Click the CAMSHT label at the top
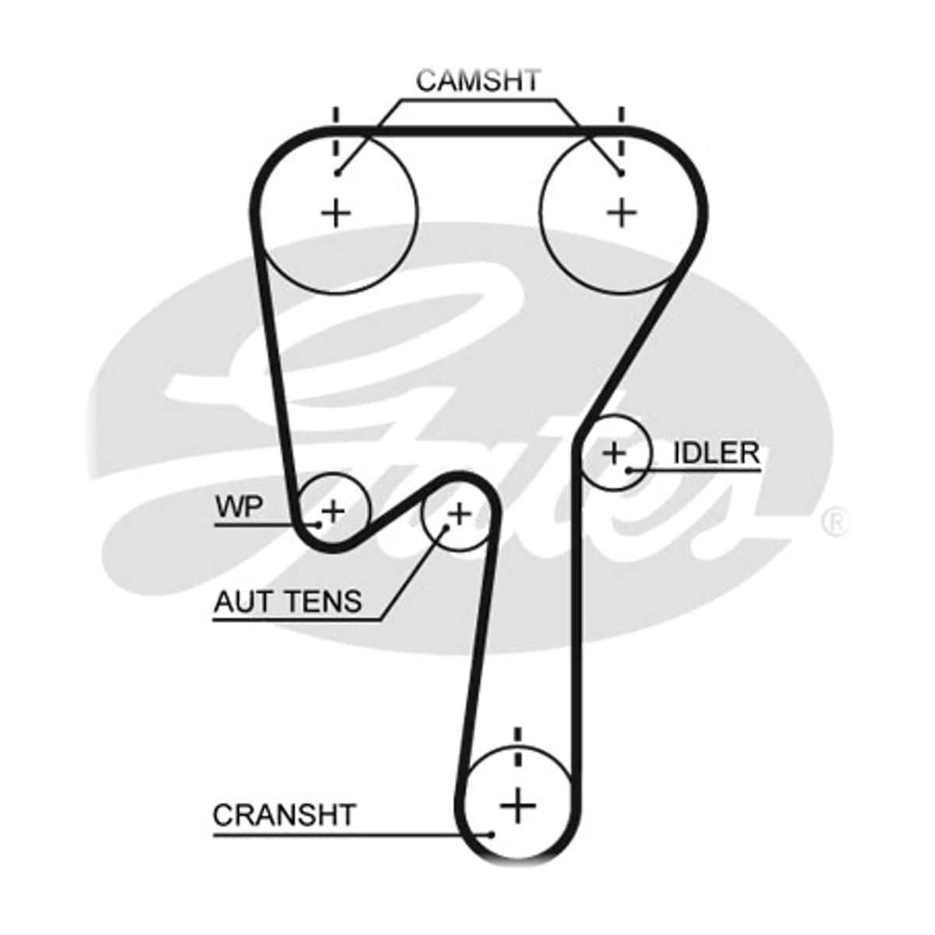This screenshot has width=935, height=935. [x=478, y=80]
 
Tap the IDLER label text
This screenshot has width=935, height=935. [x=716, y=453]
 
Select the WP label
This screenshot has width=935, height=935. [x=238, y=507]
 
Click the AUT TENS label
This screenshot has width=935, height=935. [x=288, y=602]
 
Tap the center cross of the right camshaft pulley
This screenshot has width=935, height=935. [x=622, y=213]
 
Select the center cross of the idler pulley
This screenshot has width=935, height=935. [x=614, y=453]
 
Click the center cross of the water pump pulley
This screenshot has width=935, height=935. [x=333, y=510]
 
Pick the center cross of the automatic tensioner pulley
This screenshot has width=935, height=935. [x=460, y=513]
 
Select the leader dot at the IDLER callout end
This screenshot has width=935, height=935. [x=629, y=470]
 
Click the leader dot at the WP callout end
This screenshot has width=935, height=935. [x=318, y=524]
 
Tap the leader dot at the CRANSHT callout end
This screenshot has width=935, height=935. [x=492, y=790]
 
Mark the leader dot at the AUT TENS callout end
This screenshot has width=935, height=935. [x=446, y=527]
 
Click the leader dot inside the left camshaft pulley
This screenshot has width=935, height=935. [x=337, y=173]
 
